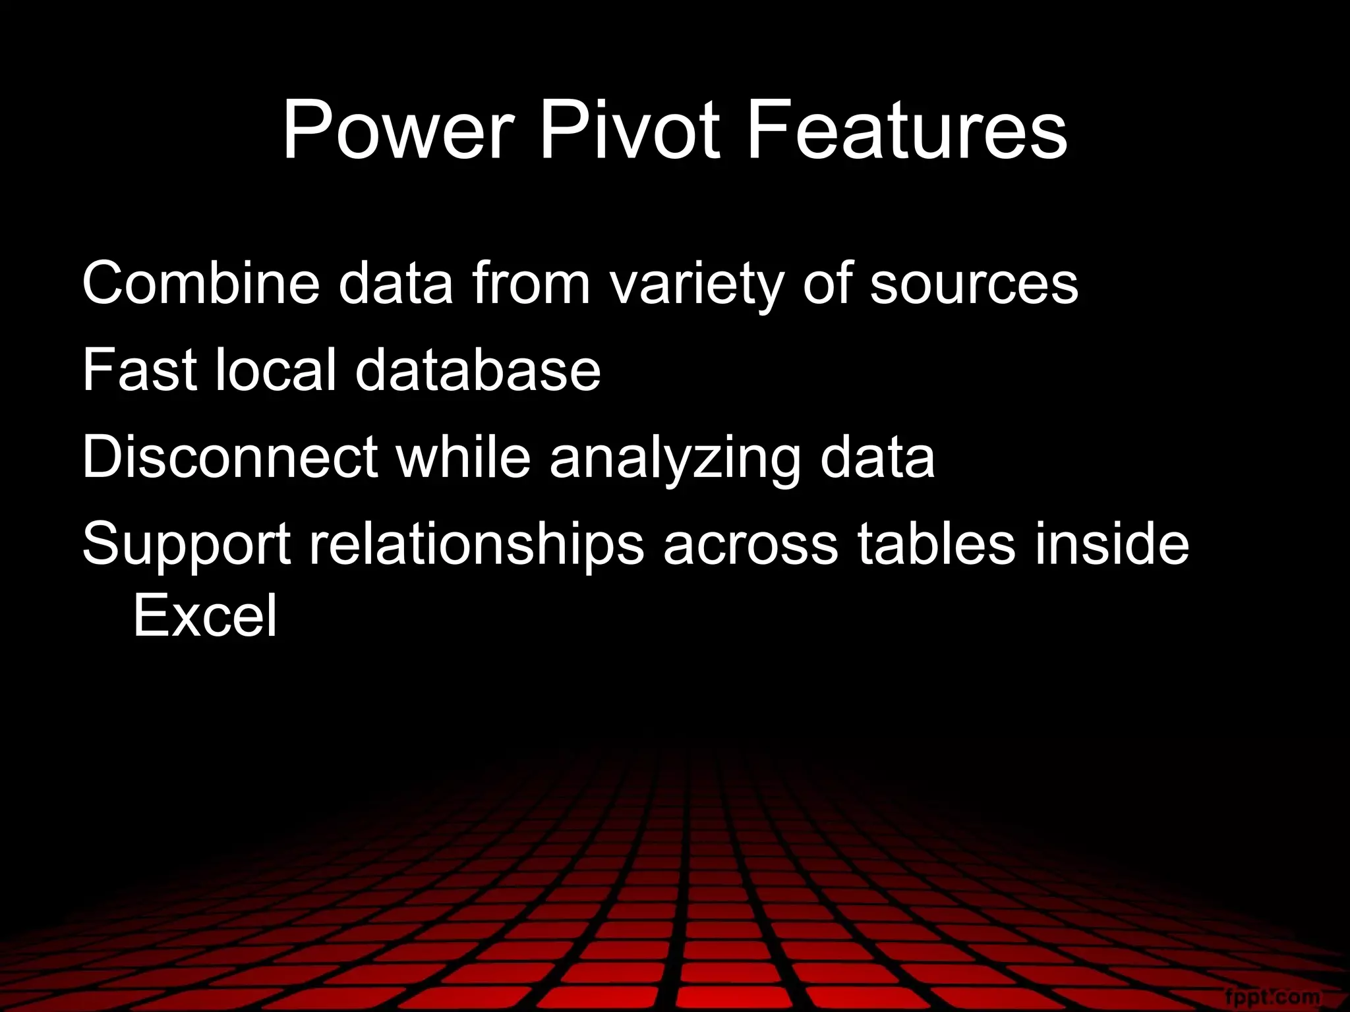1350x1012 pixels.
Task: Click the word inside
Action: pos(1112,544)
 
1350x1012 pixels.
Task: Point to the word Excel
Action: pos(205,615)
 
